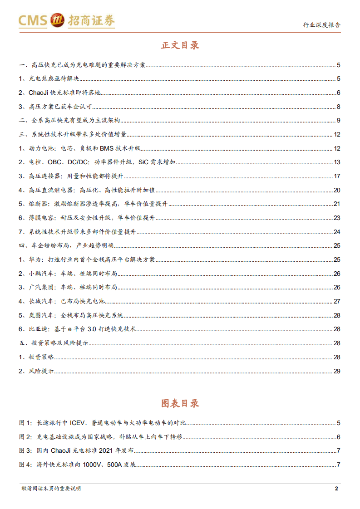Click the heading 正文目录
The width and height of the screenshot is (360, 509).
[x=180, y=45]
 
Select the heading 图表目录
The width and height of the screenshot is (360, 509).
[x=180, y=403]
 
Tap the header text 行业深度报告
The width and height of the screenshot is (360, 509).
[x=321, y=25]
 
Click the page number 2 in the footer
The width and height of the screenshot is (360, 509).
[x=336, y=488]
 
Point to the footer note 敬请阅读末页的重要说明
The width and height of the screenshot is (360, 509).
[x=51, y=489]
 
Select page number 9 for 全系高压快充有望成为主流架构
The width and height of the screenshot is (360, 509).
[x=338, y=121]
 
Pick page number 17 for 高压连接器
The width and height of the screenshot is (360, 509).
[x=337, y=176]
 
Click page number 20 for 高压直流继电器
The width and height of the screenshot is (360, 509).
[x=337, y=190]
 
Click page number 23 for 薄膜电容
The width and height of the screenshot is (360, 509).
[x=337, y=218]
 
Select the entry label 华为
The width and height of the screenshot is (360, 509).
[x=35, y=259]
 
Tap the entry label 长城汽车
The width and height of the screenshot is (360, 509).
[x=41, y=301]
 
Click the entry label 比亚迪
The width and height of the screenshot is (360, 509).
[x=38, y=329]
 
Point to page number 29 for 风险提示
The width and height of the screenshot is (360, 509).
[x=337, y=371]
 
